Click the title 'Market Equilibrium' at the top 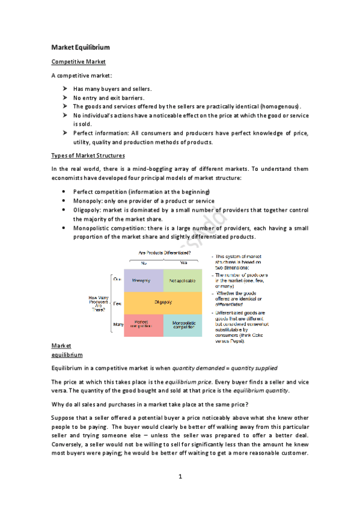coord(81,47)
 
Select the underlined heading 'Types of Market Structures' coord(88,156)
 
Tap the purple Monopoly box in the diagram coord(144,280)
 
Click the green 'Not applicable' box coord(182,280)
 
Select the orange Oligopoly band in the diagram coord(162,303)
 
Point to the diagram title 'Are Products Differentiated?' coord(163,253)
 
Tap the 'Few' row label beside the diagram coord(117,303)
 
